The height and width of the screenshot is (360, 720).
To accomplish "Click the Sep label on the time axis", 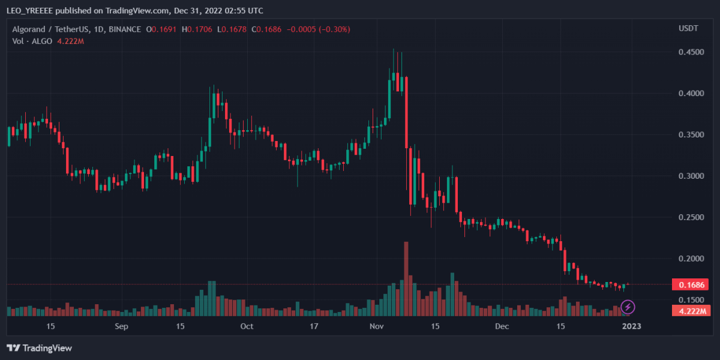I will pyautogui.click(x=122, y=326).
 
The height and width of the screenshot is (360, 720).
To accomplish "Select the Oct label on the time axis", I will pyautogui.click(x=246, y=326).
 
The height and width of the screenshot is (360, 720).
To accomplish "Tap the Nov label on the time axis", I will pyautogui.click(x=377, y=326).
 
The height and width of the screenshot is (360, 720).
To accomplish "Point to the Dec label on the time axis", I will pyautogui.click(x=502, y=326).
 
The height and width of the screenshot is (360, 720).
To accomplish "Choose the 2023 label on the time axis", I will pyautogui.click(x=631, y=326).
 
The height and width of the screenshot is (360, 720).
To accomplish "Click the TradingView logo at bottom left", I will pyautogui.click(x=40, y=348).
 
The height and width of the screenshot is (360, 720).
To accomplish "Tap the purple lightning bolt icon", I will pyautogui.click(x=628, y=308).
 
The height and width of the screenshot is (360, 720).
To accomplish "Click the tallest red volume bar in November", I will pyautogui.click(x=406, y=278).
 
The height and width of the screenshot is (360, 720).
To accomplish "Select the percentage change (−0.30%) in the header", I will pyautogui.click(x=330, y=29).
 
